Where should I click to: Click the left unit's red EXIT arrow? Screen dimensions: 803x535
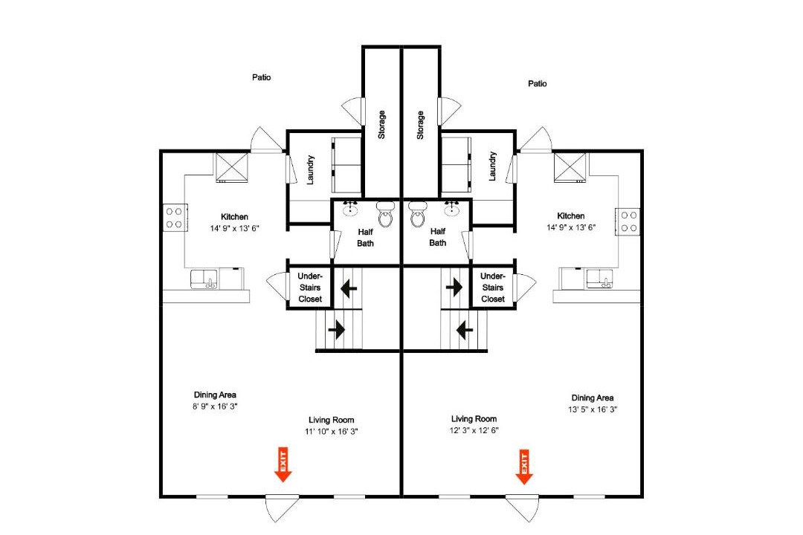(x=283, y=464)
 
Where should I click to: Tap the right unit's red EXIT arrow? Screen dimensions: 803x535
(x=524, y=467)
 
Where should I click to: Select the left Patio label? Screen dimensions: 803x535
(x=261, y=77)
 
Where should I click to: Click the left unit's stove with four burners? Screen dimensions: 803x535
(x=175, y=218)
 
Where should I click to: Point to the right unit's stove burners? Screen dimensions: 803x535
(x=628, y=221)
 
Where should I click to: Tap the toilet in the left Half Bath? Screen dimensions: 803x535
(x=385, y=213)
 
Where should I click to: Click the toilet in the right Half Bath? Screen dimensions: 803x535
(x=417, y=213)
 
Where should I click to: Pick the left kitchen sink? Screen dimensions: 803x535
(x=204, y=279)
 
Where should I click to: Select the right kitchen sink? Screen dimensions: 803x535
(x=600, y=279)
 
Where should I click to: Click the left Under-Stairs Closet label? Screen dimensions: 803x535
(x=310, y=288)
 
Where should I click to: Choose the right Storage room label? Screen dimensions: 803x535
(x=420, y=125)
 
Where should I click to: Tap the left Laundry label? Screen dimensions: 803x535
(x=310, y=170)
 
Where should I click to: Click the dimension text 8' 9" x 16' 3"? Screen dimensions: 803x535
(x=215, y=406)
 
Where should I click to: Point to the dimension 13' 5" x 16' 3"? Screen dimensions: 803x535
(x=593, y=409)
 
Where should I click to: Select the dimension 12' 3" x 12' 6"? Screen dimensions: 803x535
(x=474, y=430)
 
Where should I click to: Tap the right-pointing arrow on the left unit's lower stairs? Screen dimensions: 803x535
(x=337, y=329)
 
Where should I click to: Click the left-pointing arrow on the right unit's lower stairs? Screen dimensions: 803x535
(x=465, y=330)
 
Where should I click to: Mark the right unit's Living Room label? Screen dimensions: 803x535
(x=474, y=419)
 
